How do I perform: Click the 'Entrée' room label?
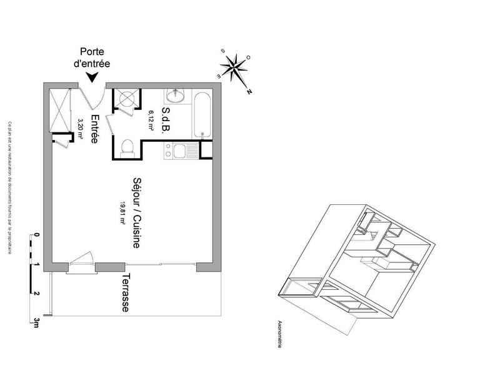[x=94, y=130]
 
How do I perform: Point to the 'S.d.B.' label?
[x=166, y=119]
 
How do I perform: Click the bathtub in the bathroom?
[x=201, y=114]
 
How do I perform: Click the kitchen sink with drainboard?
[x=184, y=150]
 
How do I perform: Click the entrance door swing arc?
[x=94, y=97]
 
